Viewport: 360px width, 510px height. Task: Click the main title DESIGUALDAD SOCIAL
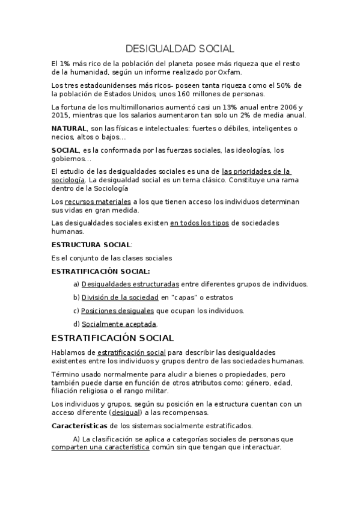tap(180, 48)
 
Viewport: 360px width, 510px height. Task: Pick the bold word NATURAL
tap(69, 129)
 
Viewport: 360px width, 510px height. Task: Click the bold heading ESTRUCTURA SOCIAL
tap(91, 245)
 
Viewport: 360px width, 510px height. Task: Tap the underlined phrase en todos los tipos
tap(199, 223)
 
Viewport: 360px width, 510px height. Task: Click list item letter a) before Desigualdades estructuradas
tap(76, 284)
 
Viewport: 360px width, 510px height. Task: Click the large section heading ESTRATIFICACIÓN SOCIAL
tap(112, 338)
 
